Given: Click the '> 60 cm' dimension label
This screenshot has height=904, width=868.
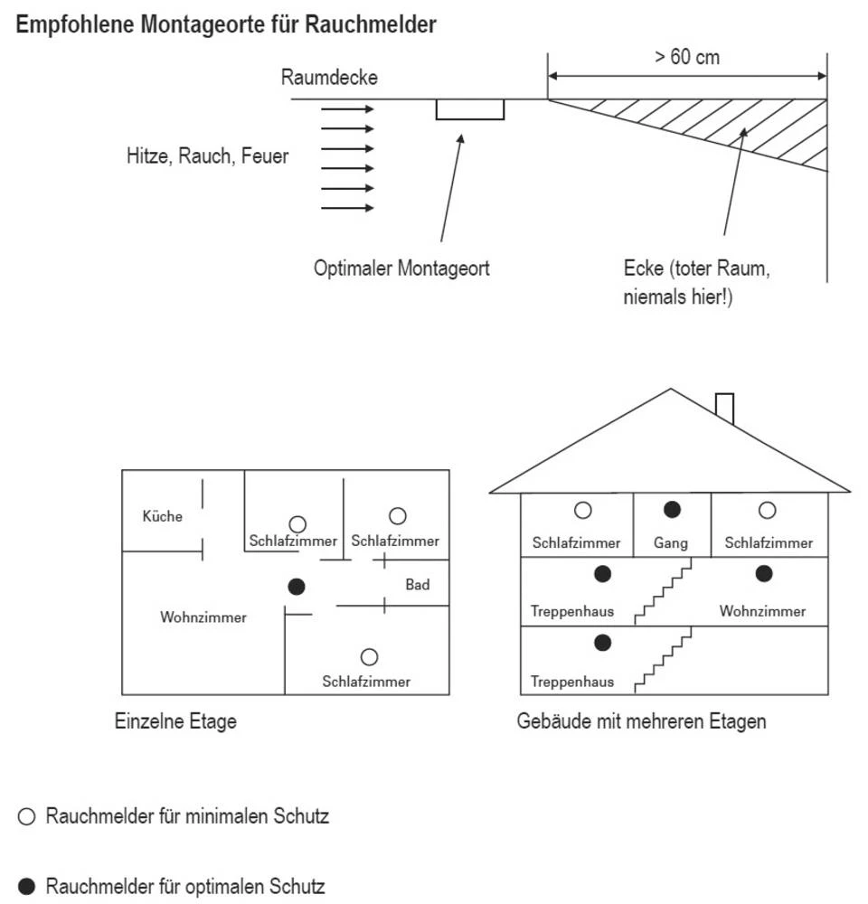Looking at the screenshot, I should (687, 56).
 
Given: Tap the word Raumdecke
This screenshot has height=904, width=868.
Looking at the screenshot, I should (329, 78).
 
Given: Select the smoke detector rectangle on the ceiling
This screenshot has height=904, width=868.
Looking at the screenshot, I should (469, 109).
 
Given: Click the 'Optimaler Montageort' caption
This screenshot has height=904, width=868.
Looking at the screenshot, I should (401, 268).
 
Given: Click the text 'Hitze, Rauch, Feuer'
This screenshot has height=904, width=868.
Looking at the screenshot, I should (207, 155).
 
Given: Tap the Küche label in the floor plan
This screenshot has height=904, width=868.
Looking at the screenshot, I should (162, 516).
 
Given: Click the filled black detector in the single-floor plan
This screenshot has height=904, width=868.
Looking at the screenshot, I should (296, 587).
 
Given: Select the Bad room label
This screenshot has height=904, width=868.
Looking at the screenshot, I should (417, 585).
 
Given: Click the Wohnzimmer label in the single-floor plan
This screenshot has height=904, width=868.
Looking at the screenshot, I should (203, 617).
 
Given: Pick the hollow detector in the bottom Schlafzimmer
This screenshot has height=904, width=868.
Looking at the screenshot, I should (369, 657).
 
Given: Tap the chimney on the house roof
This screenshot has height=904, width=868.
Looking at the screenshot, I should (723, 408).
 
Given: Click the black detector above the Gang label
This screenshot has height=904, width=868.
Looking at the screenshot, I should (671, 510).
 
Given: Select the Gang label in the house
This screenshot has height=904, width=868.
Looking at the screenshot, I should (671, 543).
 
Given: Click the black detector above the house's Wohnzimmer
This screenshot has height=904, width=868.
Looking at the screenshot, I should (764, 573).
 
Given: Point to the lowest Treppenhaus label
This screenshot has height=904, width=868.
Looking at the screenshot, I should (572, 681).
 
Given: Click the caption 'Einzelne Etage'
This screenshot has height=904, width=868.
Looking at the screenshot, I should (175, 721).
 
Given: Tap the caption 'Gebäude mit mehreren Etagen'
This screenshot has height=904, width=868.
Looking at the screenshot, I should (641, 721).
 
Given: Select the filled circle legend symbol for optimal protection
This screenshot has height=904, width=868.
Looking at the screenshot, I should (26, 886).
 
